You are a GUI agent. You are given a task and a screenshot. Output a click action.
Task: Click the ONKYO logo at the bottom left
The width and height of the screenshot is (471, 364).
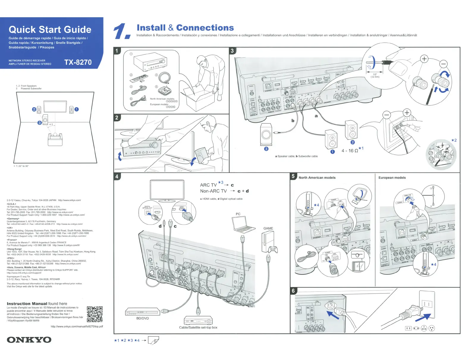pyautogui.click(x=29, y=340)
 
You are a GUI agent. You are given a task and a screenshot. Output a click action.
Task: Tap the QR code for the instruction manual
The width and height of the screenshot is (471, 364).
pyautogui.click(x=95, y=314)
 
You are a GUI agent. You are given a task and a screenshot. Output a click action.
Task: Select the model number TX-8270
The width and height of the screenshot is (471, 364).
pyautogui.click(x=78, y=62)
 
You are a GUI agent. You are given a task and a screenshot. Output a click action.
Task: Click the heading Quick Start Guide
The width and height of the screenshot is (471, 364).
pyautogui.click(x=50, y=29)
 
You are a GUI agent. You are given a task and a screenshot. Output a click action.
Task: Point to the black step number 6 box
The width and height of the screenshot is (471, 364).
pyautogui.click(x=293, y=291)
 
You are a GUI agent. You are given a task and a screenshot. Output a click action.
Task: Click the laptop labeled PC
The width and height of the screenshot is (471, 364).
pyautogui.click(x=243, y=225)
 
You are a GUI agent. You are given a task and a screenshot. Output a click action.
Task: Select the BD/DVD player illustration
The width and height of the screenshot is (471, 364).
pyautogui.click(x=142, y=311)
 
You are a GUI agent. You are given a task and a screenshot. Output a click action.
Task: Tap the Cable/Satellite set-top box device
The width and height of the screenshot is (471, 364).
pyautogui.click(x=198, y=320)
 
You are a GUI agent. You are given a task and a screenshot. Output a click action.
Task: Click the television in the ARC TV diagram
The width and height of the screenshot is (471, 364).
pyautogui.click(x=167, y=190)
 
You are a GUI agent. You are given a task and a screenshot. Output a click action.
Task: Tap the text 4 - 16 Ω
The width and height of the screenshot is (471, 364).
pyautogui.click(x=350, y=151)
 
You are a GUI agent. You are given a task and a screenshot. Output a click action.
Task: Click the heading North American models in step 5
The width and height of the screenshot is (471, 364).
pyautogui.click(x=317, y=178)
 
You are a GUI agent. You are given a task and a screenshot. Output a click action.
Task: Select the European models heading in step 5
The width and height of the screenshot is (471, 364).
pyautogui.click(x=392, y=178)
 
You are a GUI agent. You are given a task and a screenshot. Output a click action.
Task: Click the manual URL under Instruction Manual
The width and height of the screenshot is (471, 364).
pyautogui.click(x=77, y=327)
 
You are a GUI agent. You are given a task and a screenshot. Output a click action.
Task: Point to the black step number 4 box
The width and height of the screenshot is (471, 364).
pyautogui.click(x=117, y=176)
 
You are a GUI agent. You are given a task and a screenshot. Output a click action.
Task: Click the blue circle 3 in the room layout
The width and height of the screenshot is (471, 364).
pyautogui.click(x=40, y=123)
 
